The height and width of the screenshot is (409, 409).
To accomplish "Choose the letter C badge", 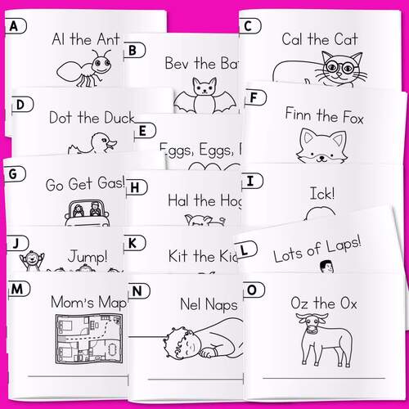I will tap(248, 26).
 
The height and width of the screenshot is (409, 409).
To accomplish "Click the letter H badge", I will tap(138, 187).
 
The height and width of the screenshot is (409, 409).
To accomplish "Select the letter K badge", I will tap(136, 243).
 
